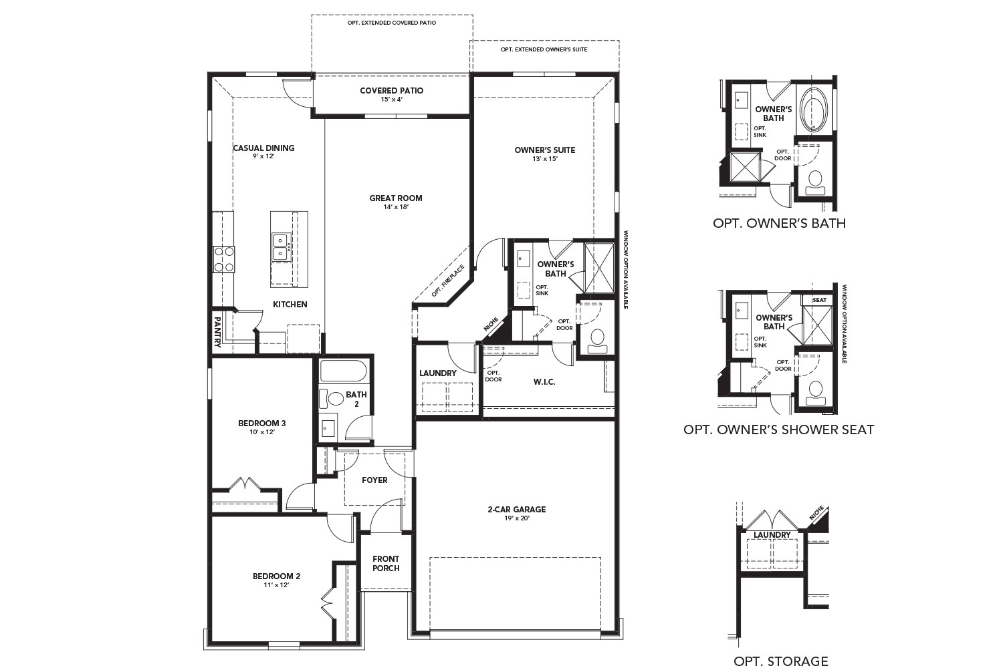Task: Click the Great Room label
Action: click(x=396, y=198)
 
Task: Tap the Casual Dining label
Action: click(x=263, y=148)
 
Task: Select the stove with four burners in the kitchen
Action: click(x=224, y=259)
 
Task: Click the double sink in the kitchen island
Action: click(x=280, y=246)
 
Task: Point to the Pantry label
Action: click(x=218, y=332)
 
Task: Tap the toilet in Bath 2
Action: click(x=328, y=399)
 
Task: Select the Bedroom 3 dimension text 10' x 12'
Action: click(x=262, y=432)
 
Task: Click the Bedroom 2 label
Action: click(x=276, y=576)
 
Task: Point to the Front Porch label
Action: click(x=386, y=563)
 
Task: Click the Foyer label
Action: click(x=374, y=480)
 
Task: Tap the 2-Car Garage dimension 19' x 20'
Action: click(x=516, y=518)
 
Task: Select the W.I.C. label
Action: click(x=544, y=382)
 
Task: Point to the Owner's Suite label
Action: click(x=544, y=150)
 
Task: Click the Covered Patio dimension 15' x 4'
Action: click(x=391, y=100)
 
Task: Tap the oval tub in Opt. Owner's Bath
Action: click(x=814, y=109)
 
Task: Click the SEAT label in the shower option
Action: click(x=819, y=301)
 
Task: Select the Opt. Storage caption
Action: click(x=780, y=661)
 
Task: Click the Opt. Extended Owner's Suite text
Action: click(x=544, y=49)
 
